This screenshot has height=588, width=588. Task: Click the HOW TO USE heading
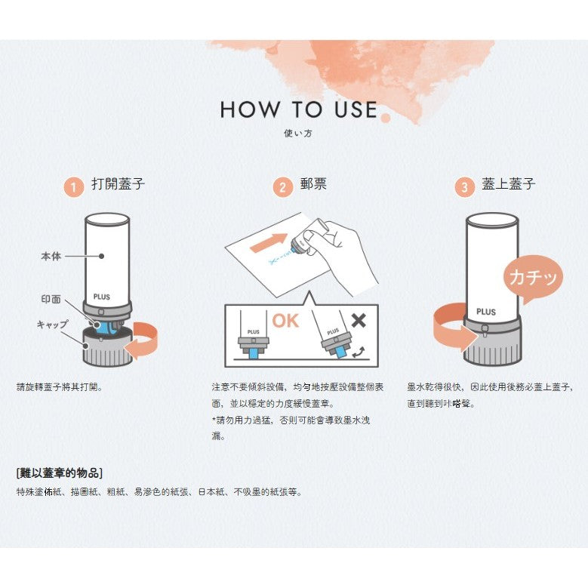click(298, 109)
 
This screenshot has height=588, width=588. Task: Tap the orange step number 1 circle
click(73, 187)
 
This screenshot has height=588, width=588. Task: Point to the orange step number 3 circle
click(464, 187)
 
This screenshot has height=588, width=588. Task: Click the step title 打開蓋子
click(118, 184)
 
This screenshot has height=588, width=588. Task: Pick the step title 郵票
click(313, 184)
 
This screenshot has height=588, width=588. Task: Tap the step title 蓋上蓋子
click(509, 184)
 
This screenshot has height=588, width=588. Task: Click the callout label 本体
click(51, 257)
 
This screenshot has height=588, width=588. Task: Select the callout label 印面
click(51, 299)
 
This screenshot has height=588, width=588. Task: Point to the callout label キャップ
click(53, 324)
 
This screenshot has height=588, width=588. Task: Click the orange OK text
click(285, 321)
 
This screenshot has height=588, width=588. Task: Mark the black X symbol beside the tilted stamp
click(358, 319)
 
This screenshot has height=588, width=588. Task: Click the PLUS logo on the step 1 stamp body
click(102, 297)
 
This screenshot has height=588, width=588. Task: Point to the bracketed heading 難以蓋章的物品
click(59, 473)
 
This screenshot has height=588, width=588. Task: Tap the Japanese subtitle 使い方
click(298, 134)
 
